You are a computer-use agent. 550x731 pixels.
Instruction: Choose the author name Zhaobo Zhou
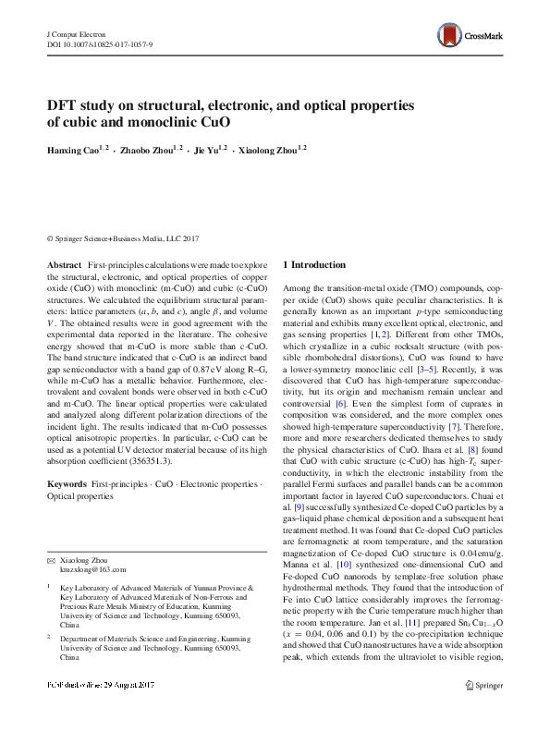[148, 149]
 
